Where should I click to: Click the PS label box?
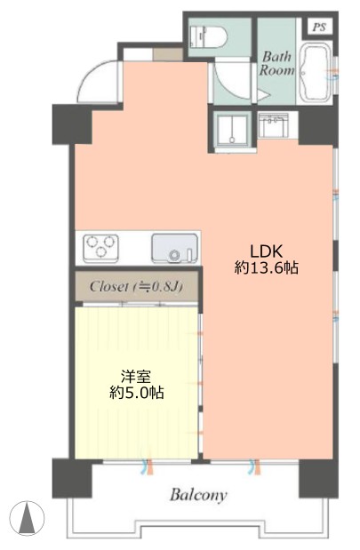(320, 27)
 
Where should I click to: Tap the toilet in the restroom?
(208, 36)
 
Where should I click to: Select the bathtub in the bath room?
(316, 73)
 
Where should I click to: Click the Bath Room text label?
(276, 63)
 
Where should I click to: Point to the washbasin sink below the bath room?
(274, 125)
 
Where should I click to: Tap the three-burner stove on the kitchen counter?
(100, 248)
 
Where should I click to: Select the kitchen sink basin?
(174, 248)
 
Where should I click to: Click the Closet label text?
(136, 287)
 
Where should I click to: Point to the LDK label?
(266, 251)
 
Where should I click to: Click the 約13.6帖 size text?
(267, 268)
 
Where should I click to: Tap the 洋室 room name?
(136, 377)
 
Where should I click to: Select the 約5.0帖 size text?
(137, 393)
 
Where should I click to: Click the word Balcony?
(198, 496)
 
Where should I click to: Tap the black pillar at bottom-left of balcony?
(72, 478)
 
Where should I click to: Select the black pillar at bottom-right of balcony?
(318, 478)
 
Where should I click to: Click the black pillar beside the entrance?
(72, 124)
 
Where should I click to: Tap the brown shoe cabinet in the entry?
(168, 54)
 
